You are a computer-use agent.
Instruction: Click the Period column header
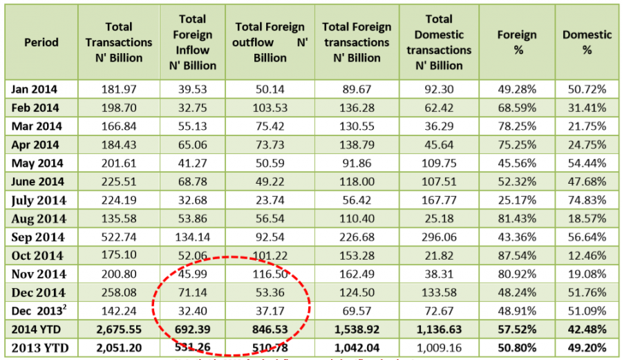point(41,42)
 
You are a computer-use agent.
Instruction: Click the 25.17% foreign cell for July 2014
point(517,200)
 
